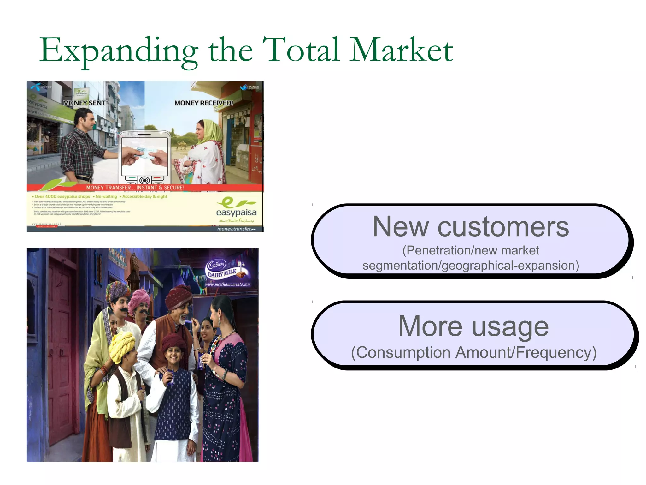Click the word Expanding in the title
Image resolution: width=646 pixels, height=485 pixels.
click(119, 51)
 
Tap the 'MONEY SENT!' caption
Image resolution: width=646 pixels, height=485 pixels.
click(85, 103)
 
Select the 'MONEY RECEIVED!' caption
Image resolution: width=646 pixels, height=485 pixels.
click(204, 103)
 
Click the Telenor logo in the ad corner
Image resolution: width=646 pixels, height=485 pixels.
click(41, 87)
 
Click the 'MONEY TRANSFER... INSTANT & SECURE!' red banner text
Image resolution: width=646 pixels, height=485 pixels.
click(135, 188)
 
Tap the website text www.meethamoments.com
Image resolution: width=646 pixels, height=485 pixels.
click(228, 284)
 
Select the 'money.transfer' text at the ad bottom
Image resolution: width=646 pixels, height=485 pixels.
click(235, 229)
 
